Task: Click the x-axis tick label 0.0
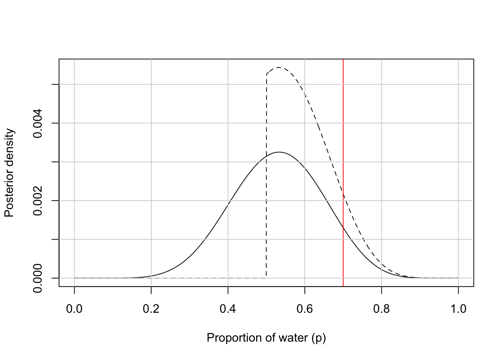[74, 309]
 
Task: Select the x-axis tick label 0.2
[151, 309]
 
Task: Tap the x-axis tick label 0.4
[228, 309]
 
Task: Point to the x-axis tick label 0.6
[305, 309]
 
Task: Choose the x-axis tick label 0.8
[381, 309]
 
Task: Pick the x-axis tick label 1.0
[458, 309]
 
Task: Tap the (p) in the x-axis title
[319, 338]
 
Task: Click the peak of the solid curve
[279, 152]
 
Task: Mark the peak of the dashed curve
[279, 67]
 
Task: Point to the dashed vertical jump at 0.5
[266, 176]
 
